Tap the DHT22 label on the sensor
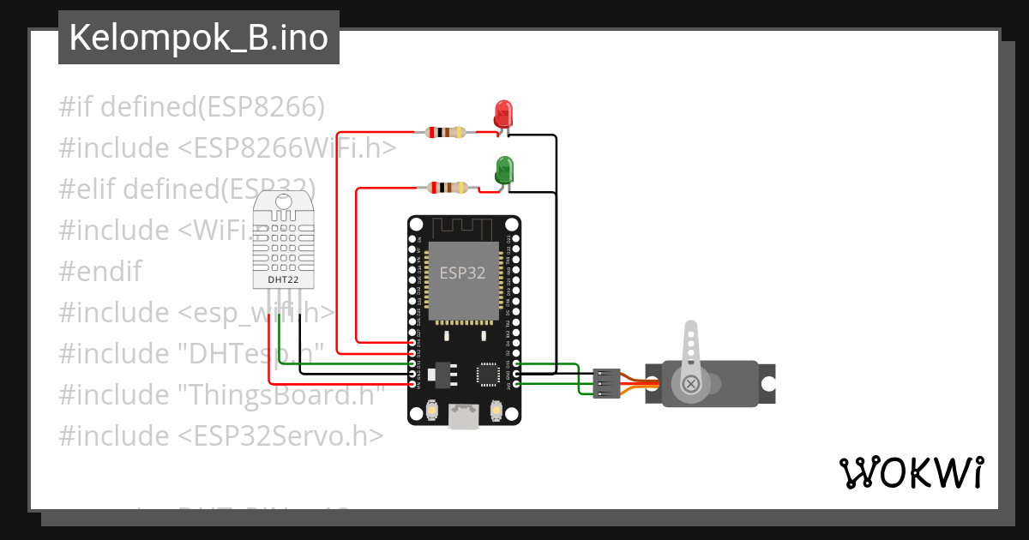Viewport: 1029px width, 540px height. pyautogui.click(x=283, y=279)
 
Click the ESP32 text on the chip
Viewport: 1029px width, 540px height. pyautogui.click(x=463, y=273)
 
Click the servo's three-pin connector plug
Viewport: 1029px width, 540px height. pyautogui.click(x=606, y=382)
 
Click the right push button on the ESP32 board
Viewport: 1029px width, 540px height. pyautogui.click(x=495, y=412)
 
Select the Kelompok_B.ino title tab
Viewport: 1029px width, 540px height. pyautogui.click(x=199, y=38)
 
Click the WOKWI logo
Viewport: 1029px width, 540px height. pyautogui.click(x=911, y=472)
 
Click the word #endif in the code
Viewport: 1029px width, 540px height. pyautogui.click(x=100, y=272)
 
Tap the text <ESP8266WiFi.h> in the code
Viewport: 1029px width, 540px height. pyautogui.click(x=287, y=148)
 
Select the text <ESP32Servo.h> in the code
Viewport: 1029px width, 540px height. pyautogui.click(x=280, y=436)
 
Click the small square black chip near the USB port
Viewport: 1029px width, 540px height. pyautogui.click(x=488, y=374)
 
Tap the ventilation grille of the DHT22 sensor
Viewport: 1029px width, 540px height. pyautogui.click(x=283, y=241)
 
